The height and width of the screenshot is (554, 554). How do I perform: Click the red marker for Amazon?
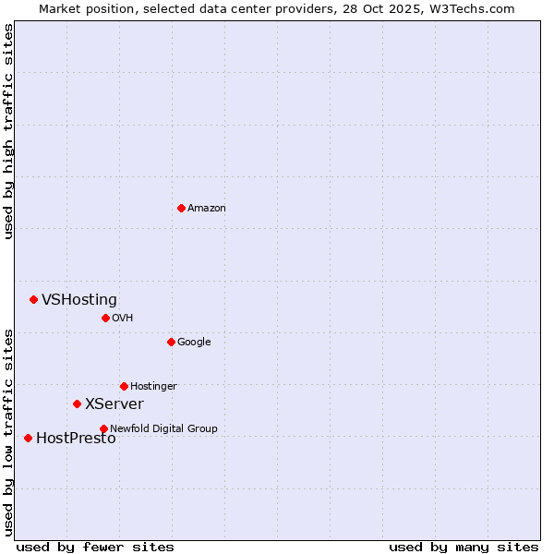181,208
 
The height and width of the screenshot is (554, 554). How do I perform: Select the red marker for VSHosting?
33,299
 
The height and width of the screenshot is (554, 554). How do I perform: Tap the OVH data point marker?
105,318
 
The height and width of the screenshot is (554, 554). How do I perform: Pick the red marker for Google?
171,342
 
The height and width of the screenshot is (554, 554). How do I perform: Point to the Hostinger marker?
124,386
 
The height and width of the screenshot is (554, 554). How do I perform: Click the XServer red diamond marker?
77,403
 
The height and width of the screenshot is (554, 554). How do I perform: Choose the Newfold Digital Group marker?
103,428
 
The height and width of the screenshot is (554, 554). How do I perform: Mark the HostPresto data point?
28,438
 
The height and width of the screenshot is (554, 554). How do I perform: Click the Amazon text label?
207,209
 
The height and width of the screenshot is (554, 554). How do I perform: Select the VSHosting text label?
79,300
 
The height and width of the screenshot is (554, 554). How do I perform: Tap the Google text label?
194,343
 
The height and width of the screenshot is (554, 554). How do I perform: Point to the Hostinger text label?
153,387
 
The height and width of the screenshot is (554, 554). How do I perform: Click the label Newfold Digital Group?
163,429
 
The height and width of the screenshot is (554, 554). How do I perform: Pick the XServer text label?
114,404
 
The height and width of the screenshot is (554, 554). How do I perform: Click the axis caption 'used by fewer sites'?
95,547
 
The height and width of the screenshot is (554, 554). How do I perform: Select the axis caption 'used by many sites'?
464,547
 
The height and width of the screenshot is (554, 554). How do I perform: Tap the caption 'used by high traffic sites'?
8,131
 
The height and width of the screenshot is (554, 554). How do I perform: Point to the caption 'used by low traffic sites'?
8,431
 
